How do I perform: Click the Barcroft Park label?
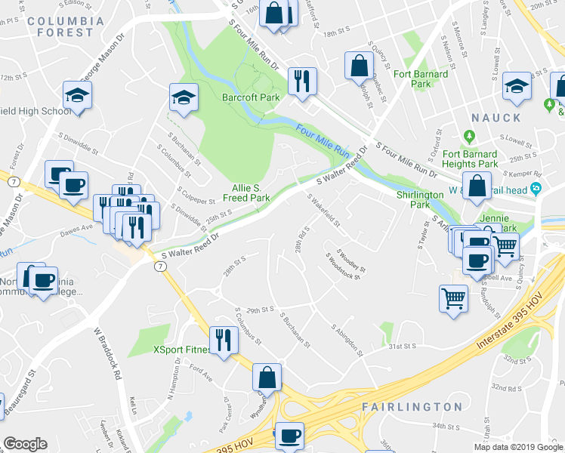coord(251,97)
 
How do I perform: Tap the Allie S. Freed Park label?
coord(246,192)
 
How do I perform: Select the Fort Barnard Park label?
coord(421,79)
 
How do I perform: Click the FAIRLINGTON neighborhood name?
coord(412,407)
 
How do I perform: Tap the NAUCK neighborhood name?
coord(496,118)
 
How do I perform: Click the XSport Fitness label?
coord(183,350)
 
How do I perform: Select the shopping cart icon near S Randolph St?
coord(453,297)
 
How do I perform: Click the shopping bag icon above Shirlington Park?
coord(477,186)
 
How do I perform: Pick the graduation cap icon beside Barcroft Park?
coord(183,97)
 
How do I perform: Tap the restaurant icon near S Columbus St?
coord(221,340)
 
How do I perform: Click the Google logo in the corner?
coord(25,444)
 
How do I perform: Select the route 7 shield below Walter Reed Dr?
coord(159,267)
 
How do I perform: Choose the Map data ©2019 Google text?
coord(517,447)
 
